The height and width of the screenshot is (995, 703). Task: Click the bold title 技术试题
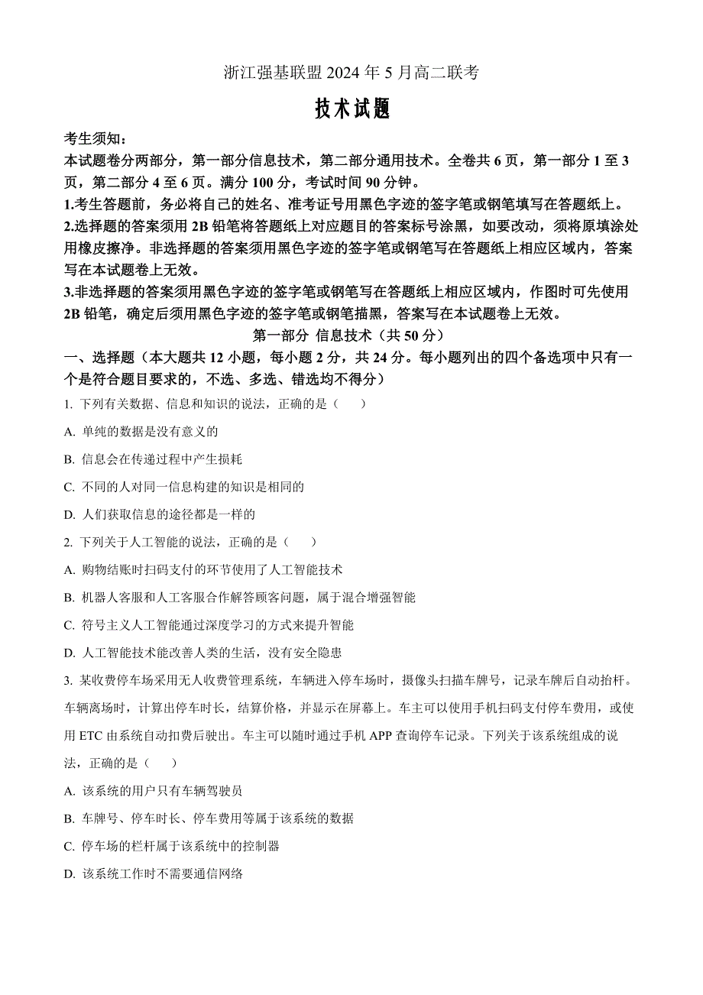point(352,110)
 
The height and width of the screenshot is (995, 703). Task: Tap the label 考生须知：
point(96,139)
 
